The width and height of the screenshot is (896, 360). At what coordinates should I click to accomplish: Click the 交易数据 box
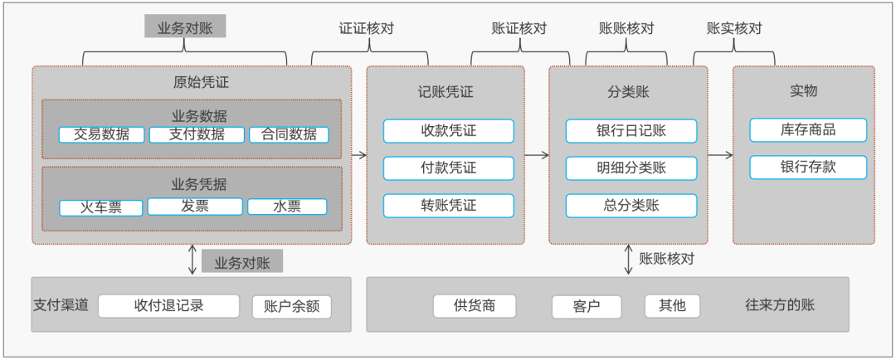pos(102,134)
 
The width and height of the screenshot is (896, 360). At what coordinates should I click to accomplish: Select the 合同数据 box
pos(289,134)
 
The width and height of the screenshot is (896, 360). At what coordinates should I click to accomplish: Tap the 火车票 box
pos(102,207)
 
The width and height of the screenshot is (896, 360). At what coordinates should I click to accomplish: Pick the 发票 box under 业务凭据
pos(195,207)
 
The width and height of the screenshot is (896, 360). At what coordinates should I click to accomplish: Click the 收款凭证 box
pos(448,131)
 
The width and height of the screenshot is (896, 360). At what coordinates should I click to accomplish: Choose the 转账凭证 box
pos(448,206)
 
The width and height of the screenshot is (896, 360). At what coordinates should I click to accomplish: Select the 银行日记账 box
pos(631,131)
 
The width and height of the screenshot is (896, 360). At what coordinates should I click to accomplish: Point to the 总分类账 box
pos(631,206)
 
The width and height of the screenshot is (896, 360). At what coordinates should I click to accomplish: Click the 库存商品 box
pos(808,130)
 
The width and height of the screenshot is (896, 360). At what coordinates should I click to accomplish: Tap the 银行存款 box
pos(808,168)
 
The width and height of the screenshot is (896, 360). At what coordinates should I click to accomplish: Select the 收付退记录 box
pos(168,306)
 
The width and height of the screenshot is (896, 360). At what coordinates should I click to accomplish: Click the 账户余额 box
pos(291,307)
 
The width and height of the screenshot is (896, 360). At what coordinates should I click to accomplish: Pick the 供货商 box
pos(475,306)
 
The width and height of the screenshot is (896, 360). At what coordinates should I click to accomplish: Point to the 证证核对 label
pos(367,28)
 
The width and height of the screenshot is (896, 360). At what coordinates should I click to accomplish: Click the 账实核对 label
pos(734,28)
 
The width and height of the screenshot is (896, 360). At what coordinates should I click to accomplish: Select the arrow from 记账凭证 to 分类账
pos(537,155)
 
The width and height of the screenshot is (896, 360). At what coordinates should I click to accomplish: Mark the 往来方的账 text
pos(780,305)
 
